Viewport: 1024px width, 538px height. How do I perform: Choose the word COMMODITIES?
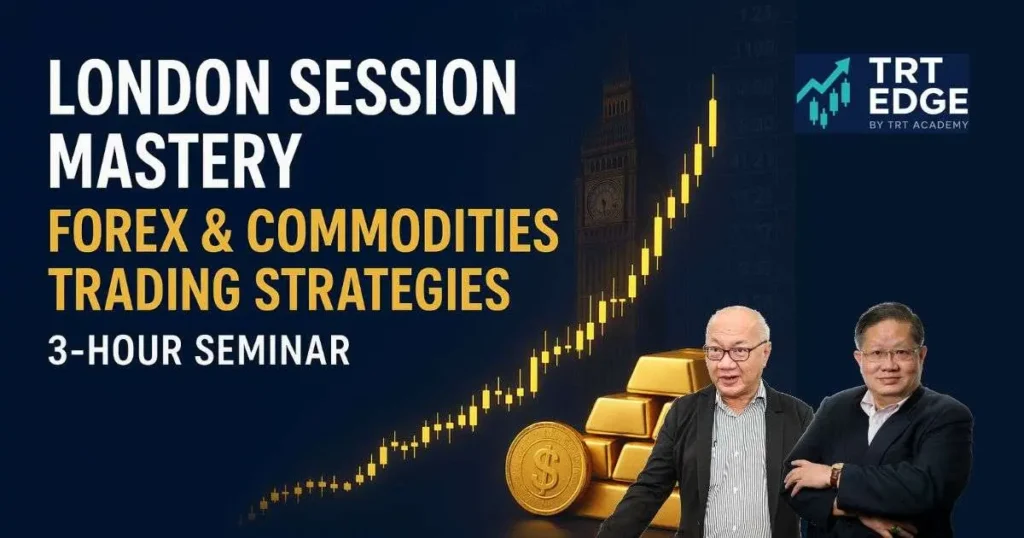point(403,231)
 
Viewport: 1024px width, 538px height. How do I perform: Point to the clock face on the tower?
point(604,201)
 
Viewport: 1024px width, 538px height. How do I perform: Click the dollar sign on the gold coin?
point(545,468)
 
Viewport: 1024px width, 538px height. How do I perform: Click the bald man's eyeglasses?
point(735,350)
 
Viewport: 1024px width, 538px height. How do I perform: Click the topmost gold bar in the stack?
point(667,371)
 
